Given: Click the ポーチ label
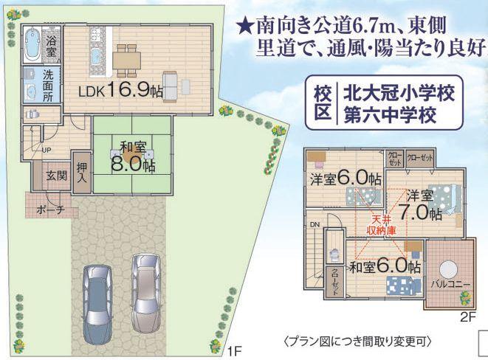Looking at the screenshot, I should click(50, 210).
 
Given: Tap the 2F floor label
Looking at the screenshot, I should click(467, 318).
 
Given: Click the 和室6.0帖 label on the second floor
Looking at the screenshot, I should click(385, 266).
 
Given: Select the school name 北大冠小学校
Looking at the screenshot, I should click(396, 94).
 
